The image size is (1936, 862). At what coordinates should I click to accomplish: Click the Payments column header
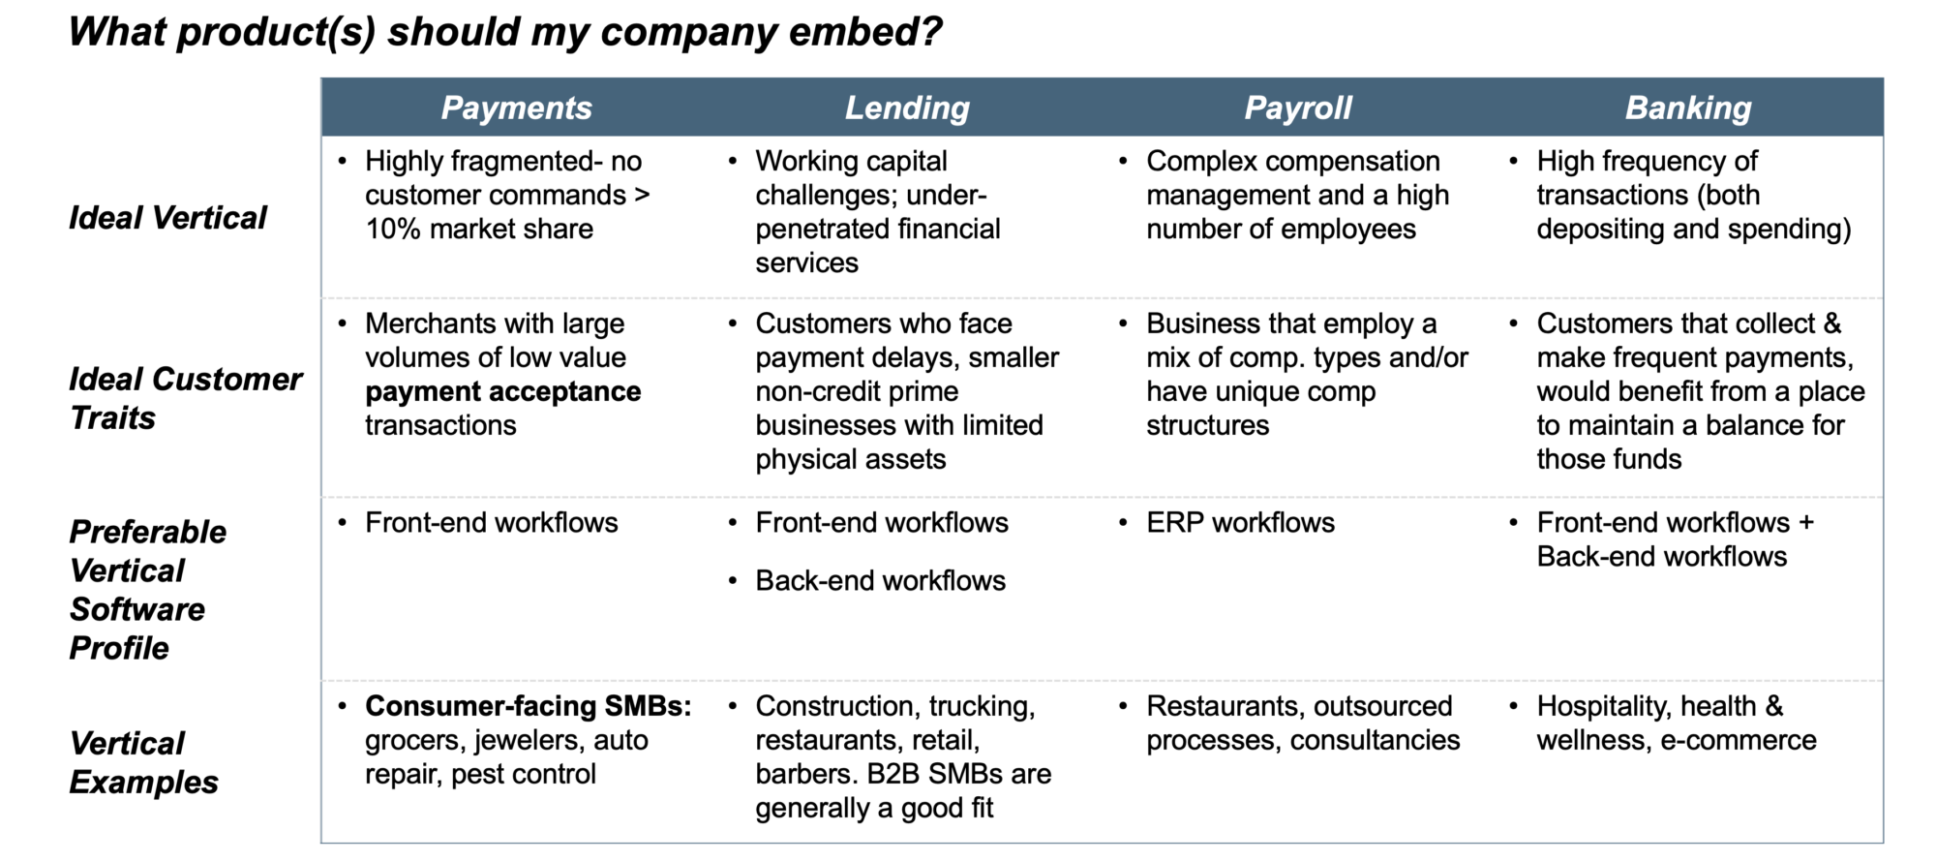pyautogui.click(x=516, y=108)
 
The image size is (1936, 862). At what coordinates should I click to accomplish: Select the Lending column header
pyautogui.click(x=907, y=108)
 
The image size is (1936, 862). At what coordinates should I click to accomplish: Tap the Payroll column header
pyautogui.click(x=1297, y=108)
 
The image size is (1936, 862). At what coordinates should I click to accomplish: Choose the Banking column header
pyautogui.click(x=1688, y=108)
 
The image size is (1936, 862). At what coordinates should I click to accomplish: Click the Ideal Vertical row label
pyautogui.click(x=167, y=218)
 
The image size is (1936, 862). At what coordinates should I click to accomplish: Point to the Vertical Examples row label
pyautogui.click(x=143, y=762)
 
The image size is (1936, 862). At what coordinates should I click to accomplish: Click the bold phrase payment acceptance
pyautogui.click(x=502, y=391)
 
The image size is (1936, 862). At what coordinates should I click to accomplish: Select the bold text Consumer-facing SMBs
pyautogui.click(x=528, y=706)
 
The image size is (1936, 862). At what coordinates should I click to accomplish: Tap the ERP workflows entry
pyautogui.click(x=1240, y=523)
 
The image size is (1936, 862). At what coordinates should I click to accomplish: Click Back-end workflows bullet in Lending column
pyautogui.click(x=880, y=581)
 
